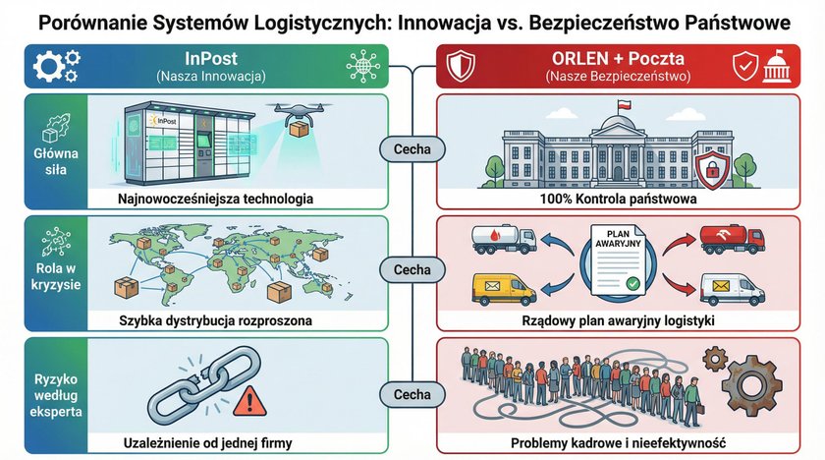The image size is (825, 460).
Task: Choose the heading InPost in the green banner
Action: [x=211, y=59]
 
